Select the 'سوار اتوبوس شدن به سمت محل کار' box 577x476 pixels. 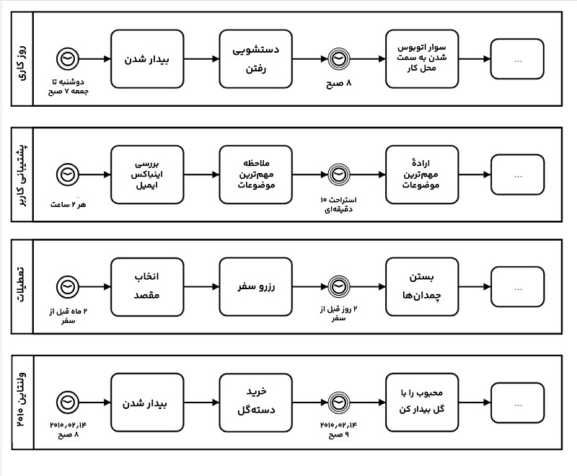(422, 59)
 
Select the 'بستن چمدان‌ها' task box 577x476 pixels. (422, 286)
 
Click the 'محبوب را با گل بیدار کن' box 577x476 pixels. (422, 401)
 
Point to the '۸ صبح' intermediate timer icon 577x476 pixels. (338, 59)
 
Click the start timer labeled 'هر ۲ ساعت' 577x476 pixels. (67, 175)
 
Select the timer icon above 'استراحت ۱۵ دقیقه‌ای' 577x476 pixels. (338, 175)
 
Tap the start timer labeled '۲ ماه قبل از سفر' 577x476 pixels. (67, 286)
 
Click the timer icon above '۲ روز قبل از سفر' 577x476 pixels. (338, 286)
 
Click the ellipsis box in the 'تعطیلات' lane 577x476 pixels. (518, 286)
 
